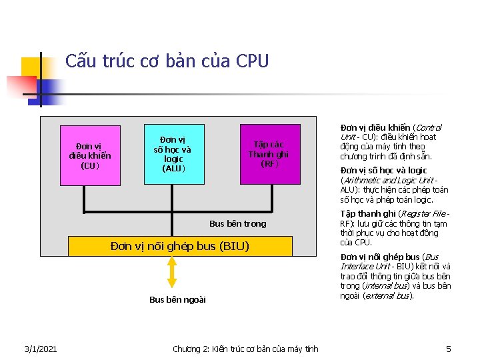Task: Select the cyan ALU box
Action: [173, 154]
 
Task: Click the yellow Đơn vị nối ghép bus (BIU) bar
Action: [180, 247]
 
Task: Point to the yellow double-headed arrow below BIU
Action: [172, 272]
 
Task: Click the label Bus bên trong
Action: [237, 224]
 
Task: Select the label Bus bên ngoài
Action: [177, 300]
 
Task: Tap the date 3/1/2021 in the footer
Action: [40, 349]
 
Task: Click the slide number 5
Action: [449, 349]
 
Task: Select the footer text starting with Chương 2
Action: [245, 349]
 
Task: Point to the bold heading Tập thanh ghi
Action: [367, 214]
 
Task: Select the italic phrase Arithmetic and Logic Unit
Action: [388, 180]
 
